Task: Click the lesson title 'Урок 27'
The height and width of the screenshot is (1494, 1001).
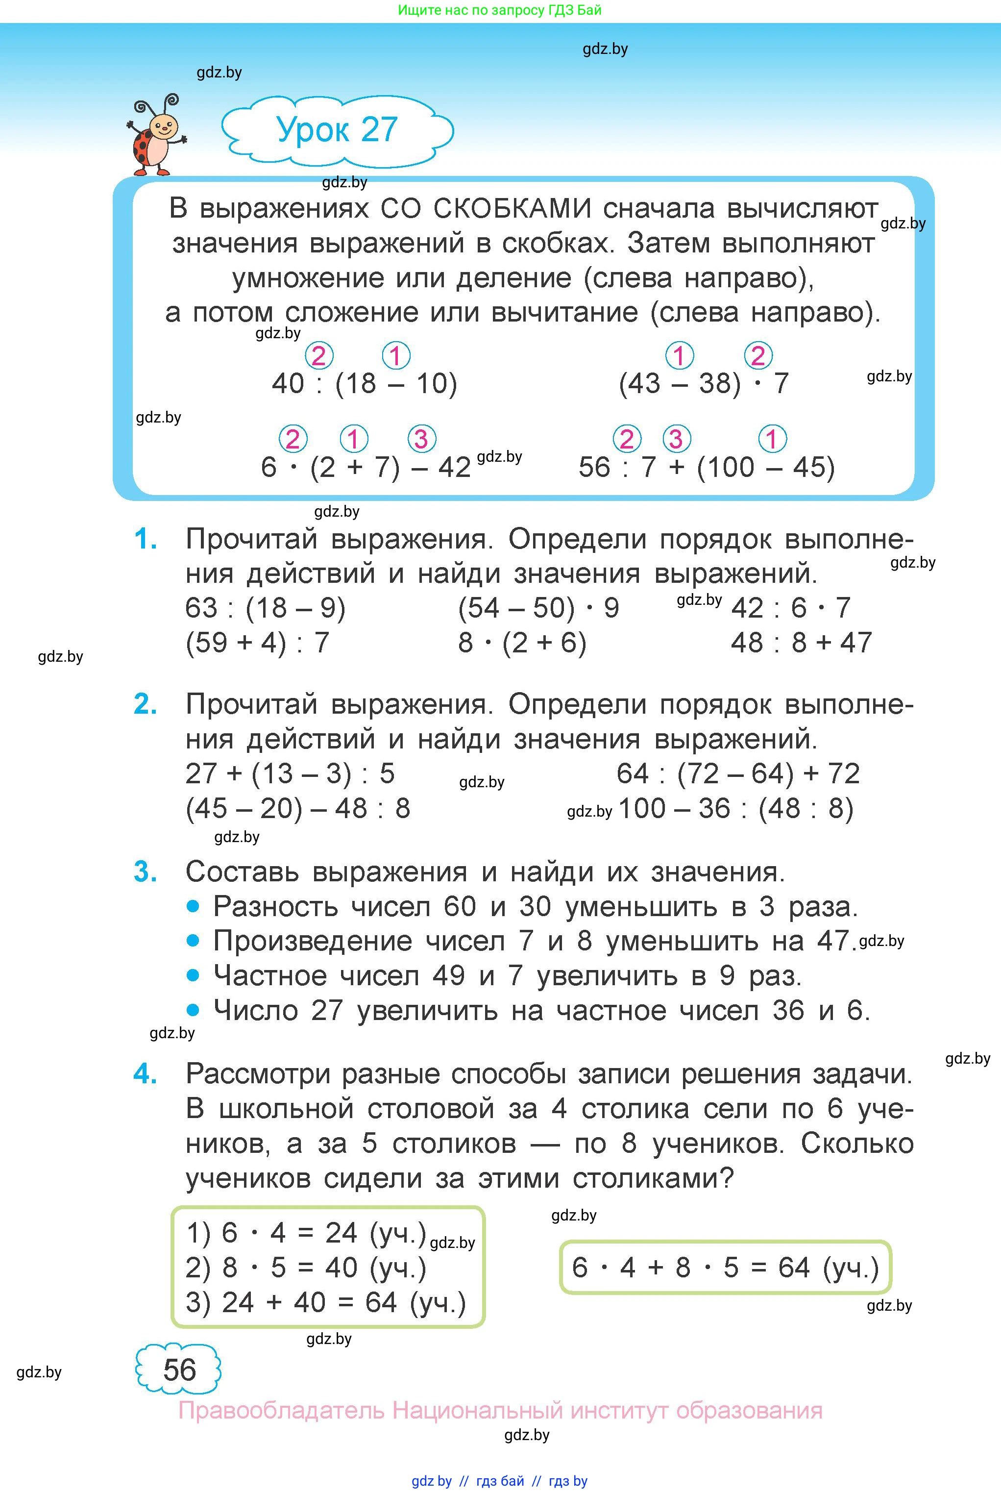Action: click(337, 129)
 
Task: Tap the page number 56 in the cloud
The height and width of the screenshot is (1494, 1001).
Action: click(179, 1369)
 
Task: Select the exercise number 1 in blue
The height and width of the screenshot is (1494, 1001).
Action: click(146, 540)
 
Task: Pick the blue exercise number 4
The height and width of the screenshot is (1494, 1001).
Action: click(146, 1074)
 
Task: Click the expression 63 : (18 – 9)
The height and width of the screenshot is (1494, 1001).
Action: click(265, 608)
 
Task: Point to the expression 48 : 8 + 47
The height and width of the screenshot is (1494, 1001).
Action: click(801, 642)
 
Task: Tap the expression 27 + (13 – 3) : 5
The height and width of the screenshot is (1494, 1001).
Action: click(290, 774)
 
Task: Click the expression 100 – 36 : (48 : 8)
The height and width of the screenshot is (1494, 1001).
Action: click(735, 809)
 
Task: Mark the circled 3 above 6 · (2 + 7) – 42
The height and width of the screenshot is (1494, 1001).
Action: click(421, 439)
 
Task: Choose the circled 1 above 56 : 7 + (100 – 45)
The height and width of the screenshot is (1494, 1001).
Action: click(772, 439)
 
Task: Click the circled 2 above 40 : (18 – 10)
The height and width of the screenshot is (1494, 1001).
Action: click(318, 356)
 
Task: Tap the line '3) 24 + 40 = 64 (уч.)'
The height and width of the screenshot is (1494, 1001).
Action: click(325, 1302)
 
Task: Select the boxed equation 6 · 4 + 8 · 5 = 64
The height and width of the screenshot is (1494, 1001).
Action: click(725, 1268)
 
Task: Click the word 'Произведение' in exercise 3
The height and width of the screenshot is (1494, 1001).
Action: click(312, 941)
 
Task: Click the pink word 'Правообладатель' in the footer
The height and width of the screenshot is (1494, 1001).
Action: click(281, 1410)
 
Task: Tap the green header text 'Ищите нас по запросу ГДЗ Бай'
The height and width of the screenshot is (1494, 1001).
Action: click(500, 10)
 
